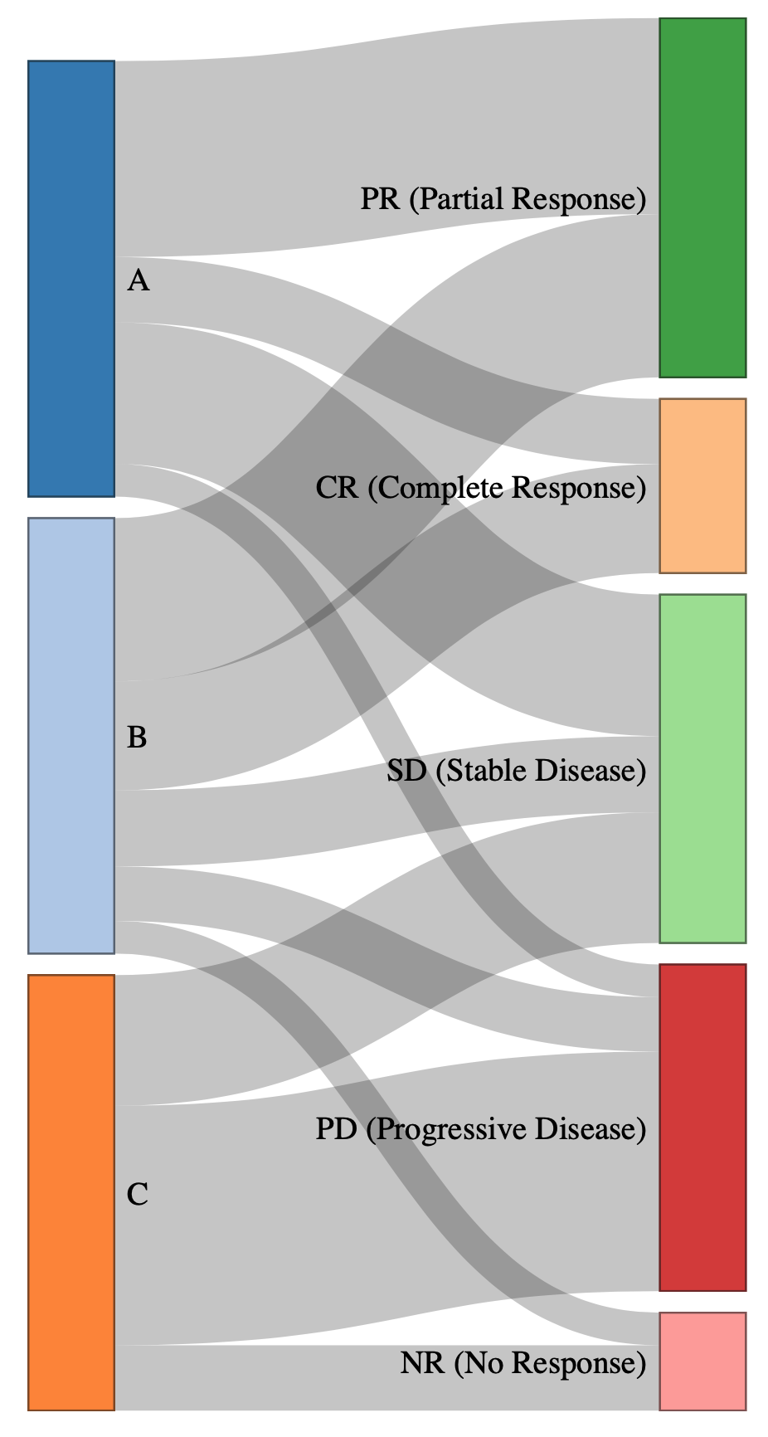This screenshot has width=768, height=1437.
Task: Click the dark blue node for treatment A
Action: tap(71, 278)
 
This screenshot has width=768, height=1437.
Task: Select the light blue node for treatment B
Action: tap(71, 735)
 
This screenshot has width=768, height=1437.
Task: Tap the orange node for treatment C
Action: tap(71, 1192)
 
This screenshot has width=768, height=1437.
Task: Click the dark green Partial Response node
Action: tap(702, 197)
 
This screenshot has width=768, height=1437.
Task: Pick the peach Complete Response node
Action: tap(702, 485)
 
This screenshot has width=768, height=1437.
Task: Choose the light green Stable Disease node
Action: tap(702, 768)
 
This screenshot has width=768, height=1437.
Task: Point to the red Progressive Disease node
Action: tap(702, 1128)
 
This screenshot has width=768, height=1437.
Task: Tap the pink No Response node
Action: tap(702, 1361)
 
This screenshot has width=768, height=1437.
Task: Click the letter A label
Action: tap(139, 282)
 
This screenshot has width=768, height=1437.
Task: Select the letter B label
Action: tap(138, 737)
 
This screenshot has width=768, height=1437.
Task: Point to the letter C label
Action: tap(138, 1195)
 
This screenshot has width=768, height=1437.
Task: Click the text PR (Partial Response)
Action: tap(503, 199)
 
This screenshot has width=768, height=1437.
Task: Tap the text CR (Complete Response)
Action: tap(480, 488)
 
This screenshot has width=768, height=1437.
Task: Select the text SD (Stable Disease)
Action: tap(516, 771)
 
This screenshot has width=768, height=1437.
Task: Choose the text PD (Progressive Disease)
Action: tap(480, 1129)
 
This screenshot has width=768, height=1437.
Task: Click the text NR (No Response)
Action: tap(523, 1363)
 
